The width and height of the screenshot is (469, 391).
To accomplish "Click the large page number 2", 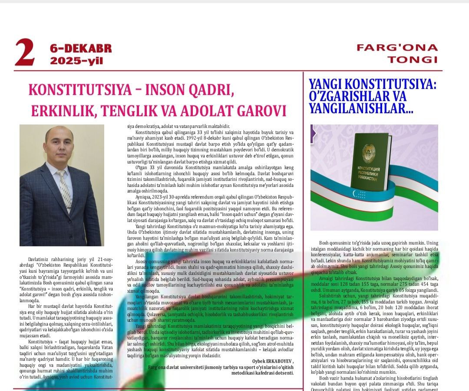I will pyautogui.click(x=24, y=53).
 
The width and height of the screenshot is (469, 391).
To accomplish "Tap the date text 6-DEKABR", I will pyautogui.click(x=80, y=49).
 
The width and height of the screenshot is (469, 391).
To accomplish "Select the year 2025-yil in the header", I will pyautogui.click(x=76, y=61).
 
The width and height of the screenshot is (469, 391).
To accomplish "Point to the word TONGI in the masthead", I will pyautogui.click(x=413, y=59).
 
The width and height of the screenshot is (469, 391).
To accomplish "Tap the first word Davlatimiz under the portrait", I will pyautogui.click(x=38, y=258).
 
